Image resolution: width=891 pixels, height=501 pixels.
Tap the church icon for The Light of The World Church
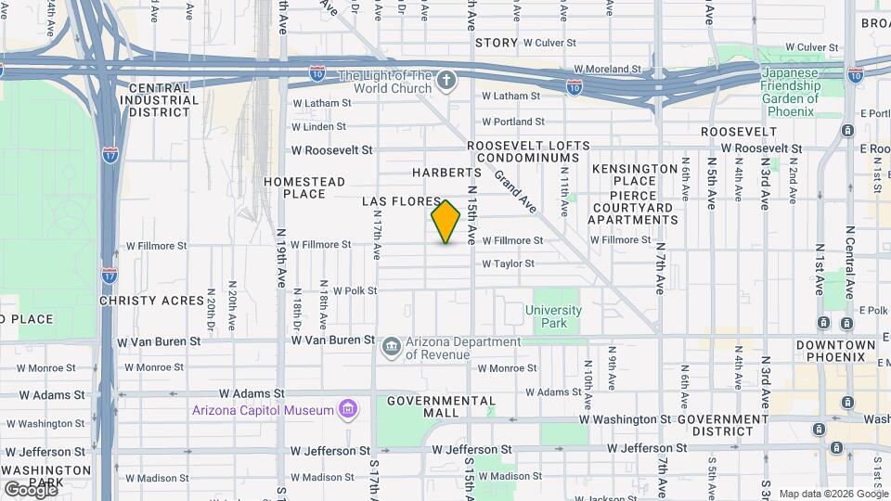pos(446,81)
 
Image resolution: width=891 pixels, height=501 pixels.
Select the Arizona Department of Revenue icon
pos(392,348)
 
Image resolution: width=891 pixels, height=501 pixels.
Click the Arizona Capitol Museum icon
pos(348,409)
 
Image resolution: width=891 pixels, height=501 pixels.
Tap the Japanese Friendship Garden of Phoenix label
pos(792,93)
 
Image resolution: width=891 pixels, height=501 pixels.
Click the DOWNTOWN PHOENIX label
pos(835,351)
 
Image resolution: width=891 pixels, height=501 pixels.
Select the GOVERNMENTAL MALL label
pos(441,407)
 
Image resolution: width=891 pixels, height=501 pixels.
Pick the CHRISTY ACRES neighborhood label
pos(152,302)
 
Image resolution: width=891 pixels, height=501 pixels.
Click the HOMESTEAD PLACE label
pos(304,187)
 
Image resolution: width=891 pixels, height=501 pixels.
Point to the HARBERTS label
pos(447,173)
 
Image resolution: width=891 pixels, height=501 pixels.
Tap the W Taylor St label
pos(508,263)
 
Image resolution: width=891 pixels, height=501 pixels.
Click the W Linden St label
pos(318,126)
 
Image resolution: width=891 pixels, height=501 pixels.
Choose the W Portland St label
pos(512,122)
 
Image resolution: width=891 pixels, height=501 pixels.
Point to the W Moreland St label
pos(607,69)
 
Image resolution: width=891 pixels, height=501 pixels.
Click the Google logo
pos(30,488)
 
